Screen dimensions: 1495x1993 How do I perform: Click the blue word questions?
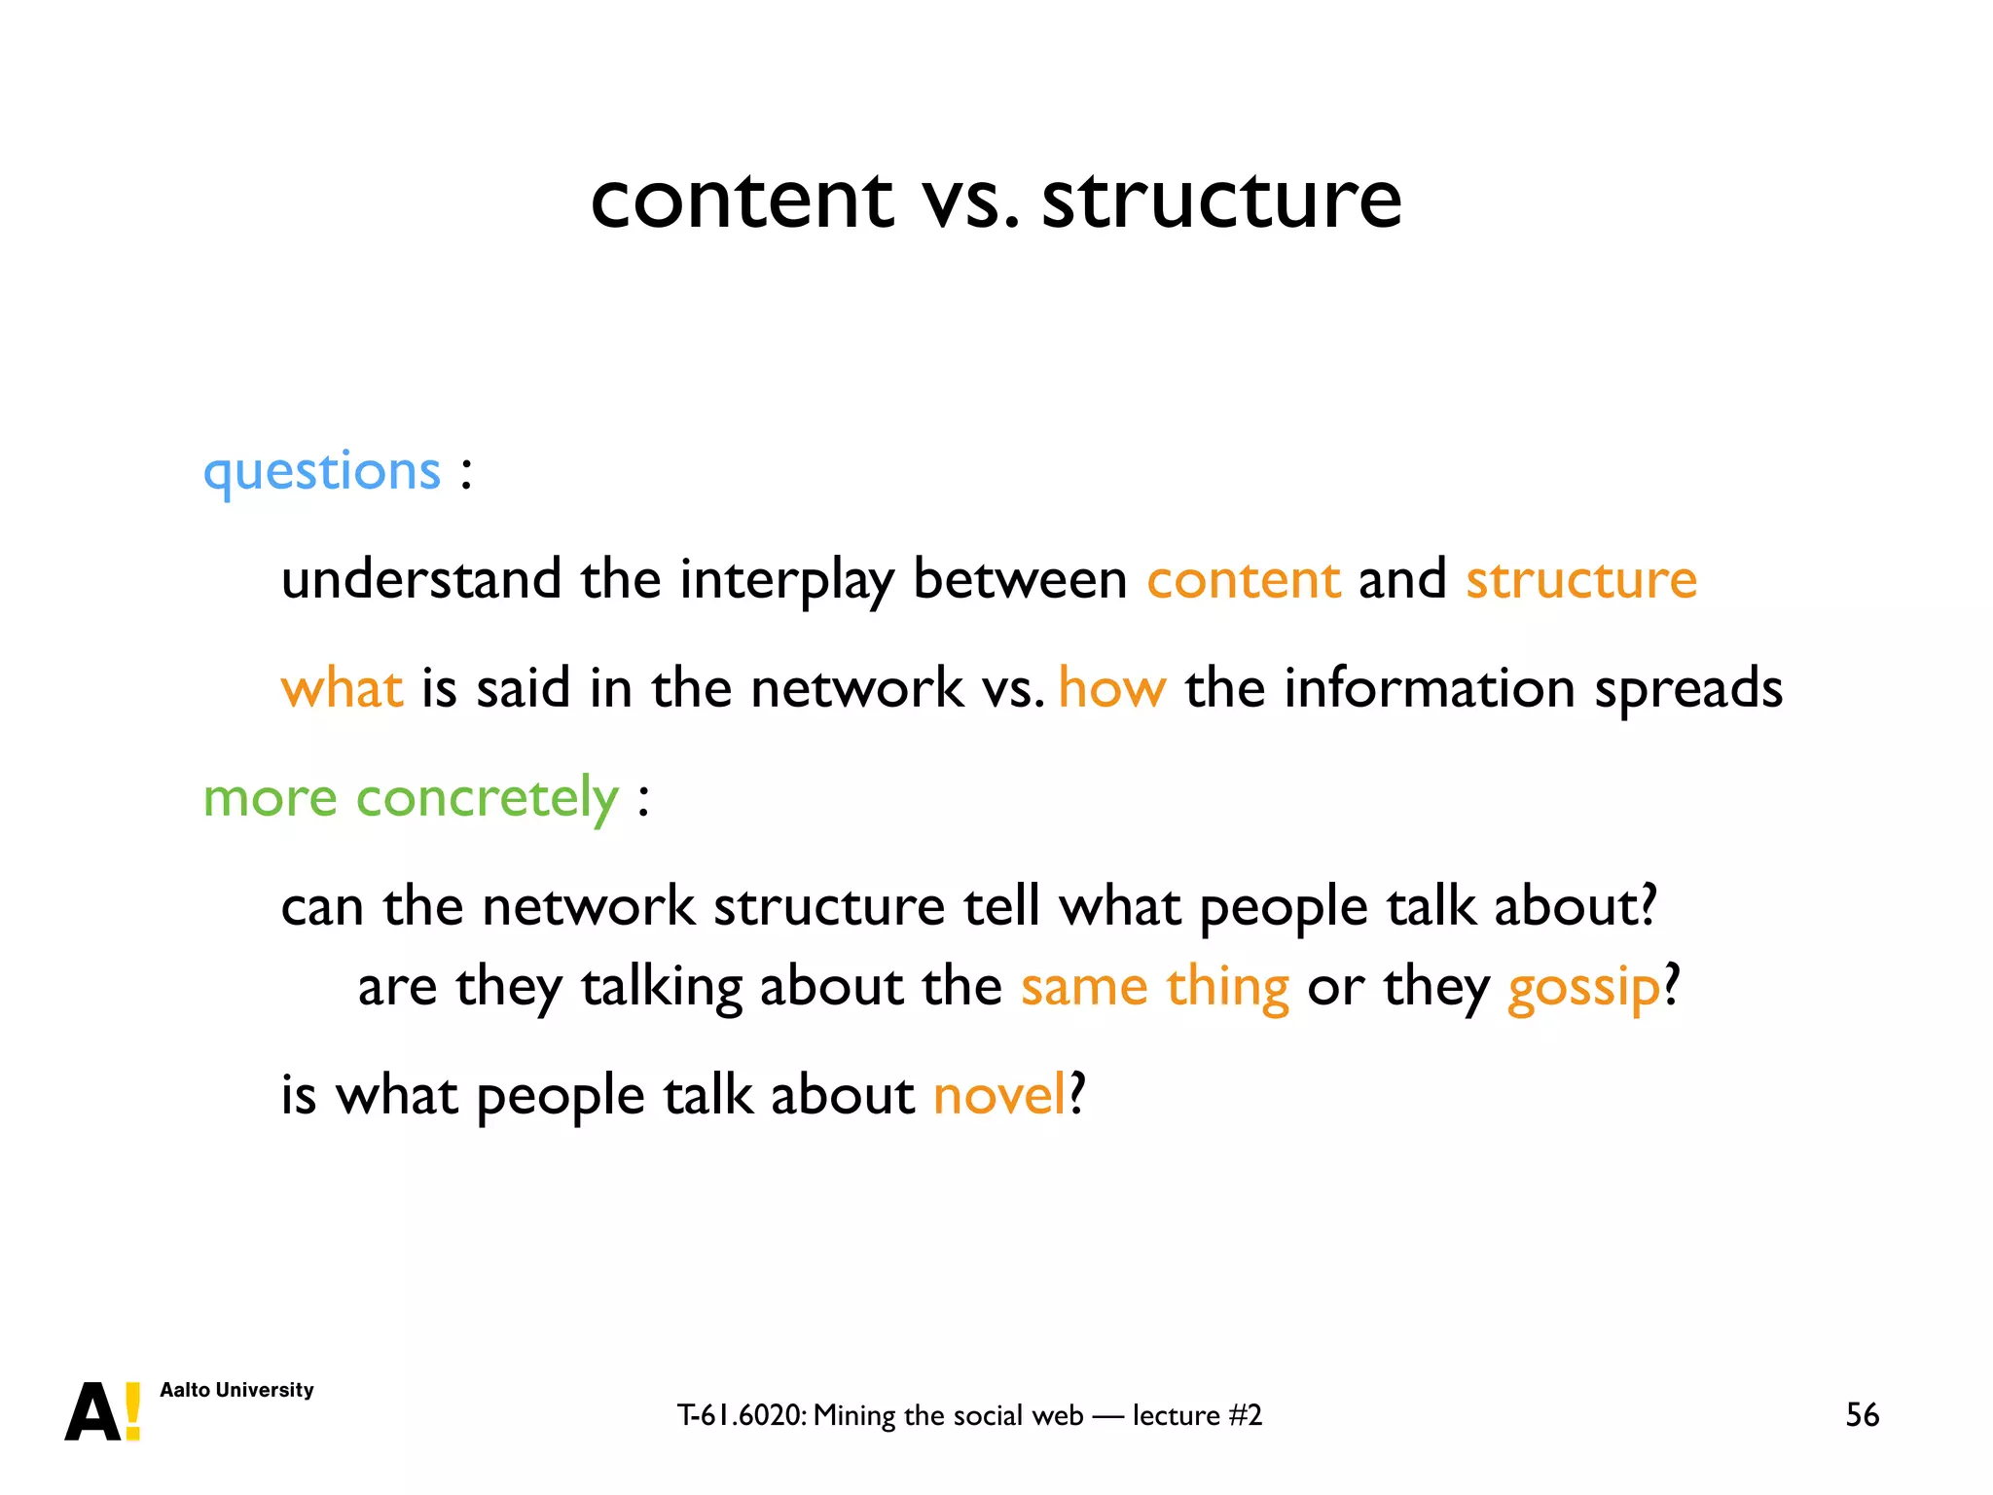[x=321, y=473]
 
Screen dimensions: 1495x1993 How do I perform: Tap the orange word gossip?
[x=1583, y=988]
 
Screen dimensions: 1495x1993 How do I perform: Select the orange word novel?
[x=998, y=1095]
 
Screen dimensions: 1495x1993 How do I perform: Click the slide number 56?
[x=1862, y=1414]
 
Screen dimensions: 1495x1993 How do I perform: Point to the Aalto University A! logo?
[x=103, y=1411]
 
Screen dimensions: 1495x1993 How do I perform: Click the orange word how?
[x=1111, y=688]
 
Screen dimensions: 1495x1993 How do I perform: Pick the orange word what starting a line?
[x=342, y=688]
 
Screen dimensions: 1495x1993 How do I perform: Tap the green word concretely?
[x=487, y=798]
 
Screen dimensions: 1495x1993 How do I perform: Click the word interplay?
[x=786, y=580]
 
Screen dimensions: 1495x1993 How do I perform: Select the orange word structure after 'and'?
[x=1581, y=580]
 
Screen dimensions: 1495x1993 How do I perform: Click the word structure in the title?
[x=1221, y=200]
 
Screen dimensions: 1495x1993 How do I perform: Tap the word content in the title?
[x=742, y=200]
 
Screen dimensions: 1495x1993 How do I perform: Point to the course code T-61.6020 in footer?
[x=742, y=1415]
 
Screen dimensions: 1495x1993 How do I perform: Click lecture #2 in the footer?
[x=1197, y=1415]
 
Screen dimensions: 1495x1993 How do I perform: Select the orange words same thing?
[x=1154, y=988]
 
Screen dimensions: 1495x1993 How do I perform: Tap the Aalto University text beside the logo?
[x=236, y=1390]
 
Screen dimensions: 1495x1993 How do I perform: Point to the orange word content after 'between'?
[x=1244, y=580]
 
